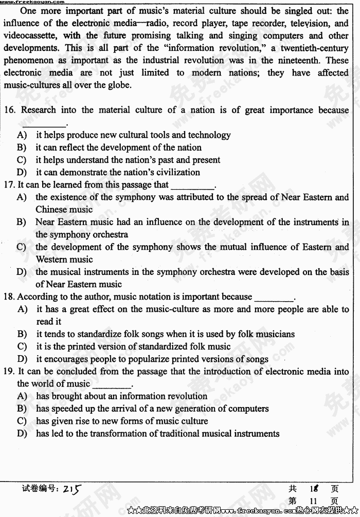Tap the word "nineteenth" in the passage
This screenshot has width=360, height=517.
tap(300, 60)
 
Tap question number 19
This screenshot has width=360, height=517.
tap(10, 371)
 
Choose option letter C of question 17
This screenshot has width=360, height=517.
tap(22, 247)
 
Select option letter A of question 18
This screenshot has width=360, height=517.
tap(22, 309)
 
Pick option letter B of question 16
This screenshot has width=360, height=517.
tap(22, 147)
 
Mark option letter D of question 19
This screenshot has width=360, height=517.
tap(22, 433)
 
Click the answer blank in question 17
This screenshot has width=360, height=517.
tap(192, 185)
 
